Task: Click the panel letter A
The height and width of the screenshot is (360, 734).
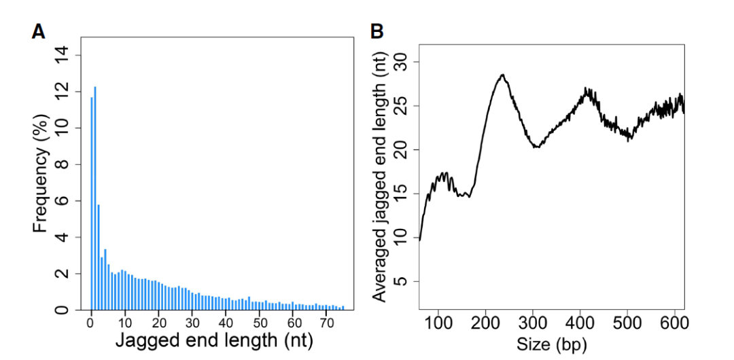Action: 38,31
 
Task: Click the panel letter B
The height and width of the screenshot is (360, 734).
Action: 377,31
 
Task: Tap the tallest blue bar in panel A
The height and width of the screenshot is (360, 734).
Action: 95,197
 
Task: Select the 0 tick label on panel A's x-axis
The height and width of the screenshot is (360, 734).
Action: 91,321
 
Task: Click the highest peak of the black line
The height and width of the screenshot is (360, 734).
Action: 502,75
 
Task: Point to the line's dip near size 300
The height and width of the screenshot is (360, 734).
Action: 537,147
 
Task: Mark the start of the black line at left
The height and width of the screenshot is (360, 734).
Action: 420,240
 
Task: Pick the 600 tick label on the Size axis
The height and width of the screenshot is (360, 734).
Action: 674,321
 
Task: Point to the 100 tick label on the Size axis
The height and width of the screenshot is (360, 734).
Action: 439,321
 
